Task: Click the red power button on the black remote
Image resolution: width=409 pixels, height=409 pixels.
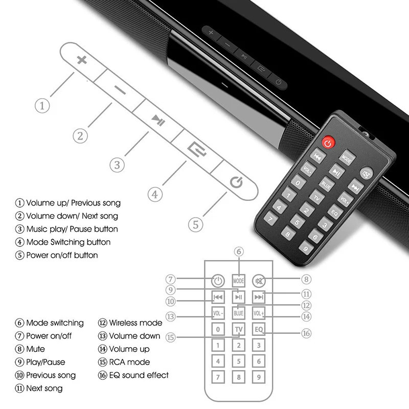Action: (x=328, y=142)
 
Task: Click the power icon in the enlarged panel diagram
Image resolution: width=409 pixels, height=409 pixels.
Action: (x=236, y=181)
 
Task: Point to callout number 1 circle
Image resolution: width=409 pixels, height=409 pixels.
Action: (x=42, y=106)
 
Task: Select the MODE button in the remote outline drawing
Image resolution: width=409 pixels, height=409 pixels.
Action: (x=239, y=281)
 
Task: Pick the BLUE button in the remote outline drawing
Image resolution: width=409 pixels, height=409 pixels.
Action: (x=239, y=312)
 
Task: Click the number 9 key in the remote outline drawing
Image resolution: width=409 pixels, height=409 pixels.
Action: (x=259, y=378)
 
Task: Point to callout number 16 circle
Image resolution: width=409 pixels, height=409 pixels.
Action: (x=306, y=333)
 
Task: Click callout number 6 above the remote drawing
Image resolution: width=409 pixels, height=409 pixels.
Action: (x=239, y=251)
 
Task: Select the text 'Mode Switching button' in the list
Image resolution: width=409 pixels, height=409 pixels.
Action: (x=68, y=242)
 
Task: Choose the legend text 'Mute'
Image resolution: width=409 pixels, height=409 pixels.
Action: (x=35, y=349)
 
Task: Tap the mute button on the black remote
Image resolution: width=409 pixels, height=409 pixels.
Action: (x=366, y=173)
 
